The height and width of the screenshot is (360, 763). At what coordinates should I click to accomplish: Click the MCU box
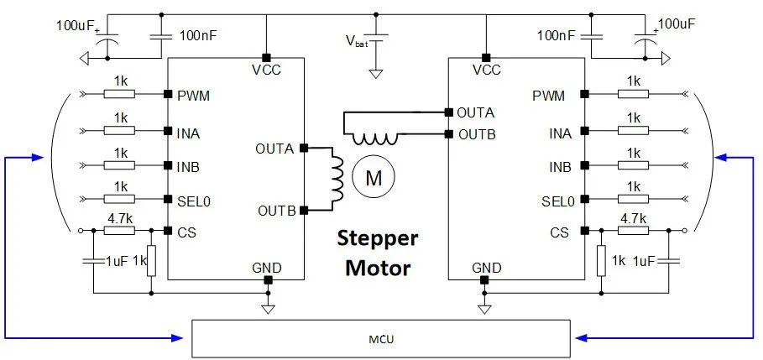tap(381, 339)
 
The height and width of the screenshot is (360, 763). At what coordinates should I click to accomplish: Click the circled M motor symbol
tap(374, 179)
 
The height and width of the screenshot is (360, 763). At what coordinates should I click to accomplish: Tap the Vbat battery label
tap(357, 41)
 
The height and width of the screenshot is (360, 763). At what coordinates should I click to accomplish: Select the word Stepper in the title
tap(378, 240)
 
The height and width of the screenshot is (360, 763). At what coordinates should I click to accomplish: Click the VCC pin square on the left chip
tap(266, 56)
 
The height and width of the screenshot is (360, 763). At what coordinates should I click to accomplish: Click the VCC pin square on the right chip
tap(484, 56)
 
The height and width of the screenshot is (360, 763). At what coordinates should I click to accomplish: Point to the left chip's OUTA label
tap(275, 149)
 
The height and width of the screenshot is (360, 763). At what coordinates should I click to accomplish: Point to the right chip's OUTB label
tap(477, 134)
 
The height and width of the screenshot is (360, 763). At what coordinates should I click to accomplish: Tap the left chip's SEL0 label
tap(194, 201)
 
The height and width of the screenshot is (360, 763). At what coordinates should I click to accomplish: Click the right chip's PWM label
tap(549, 96)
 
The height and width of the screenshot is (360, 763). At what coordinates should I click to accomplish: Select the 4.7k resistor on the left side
tap(120, 231)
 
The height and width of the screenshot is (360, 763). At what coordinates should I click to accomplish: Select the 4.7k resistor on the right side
tap(633, 231)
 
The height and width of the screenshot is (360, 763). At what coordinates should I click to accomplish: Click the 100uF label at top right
tap(677, 23)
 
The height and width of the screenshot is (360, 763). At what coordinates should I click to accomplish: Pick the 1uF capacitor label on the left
tap(117, 261)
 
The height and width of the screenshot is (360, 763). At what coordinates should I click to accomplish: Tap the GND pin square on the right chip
tap(484, 279)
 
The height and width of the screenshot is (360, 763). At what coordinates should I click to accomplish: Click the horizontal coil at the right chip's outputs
tap(374, 139)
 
